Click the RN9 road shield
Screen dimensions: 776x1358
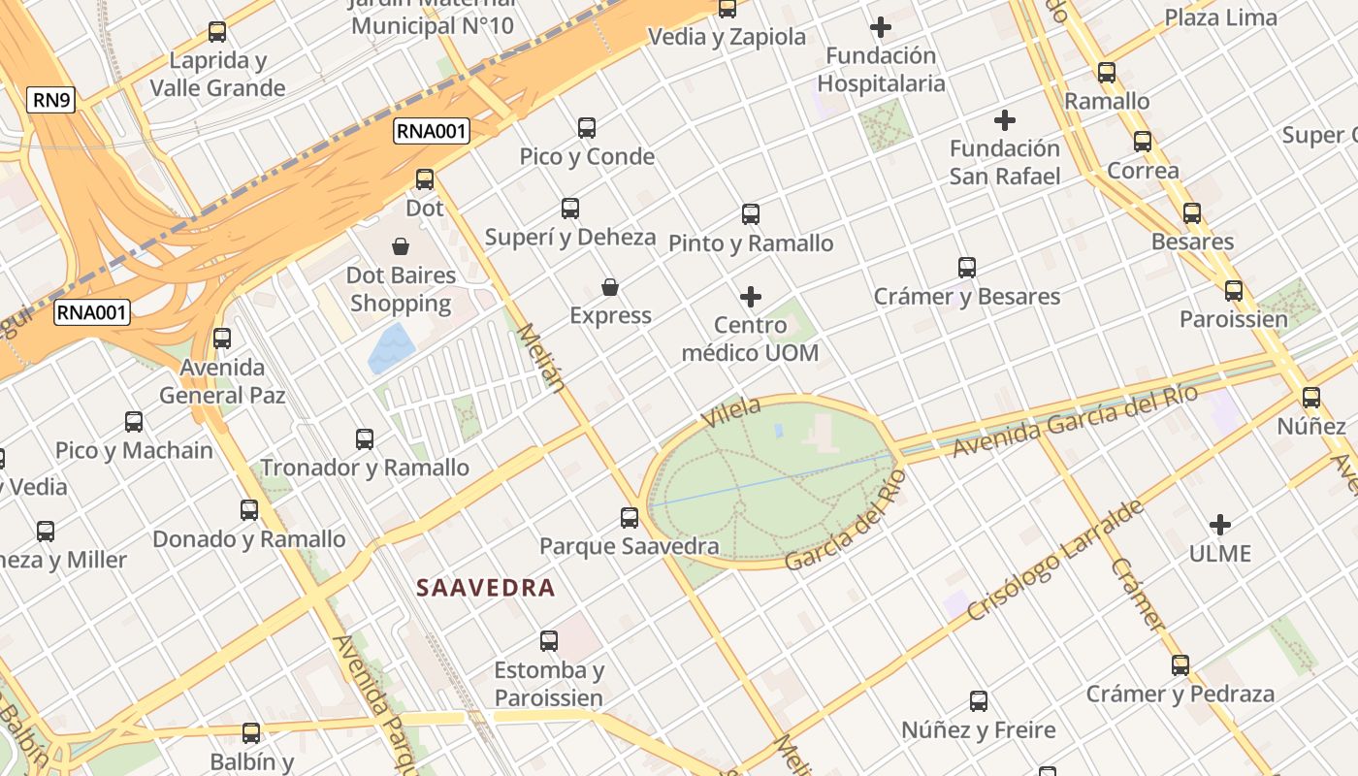(50, 100)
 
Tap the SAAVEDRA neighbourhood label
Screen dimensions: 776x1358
(485, 587)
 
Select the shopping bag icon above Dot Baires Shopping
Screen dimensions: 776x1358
(401, 246)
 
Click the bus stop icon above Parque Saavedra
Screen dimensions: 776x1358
(630, 517)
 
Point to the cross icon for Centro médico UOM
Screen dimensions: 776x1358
(751, 296)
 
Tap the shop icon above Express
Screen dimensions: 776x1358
(610, 287)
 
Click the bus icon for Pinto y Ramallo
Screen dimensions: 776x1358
(751, 214)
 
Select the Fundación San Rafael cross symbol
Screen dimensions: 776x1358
(1005, 120)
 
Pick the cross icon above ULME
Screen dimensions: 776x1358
(1220, 525)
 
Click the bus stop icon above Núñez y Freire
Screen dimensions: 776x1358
(979, 700)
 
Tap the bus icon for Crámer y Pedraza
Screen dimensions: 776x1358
(1180, 665)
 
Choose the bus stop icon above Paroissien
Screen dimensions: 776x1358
(1234, 290)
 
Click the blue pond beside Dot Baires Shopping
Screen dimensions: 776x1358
(391, 348)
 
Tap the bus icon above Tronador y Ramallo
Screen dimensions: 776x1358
(365, 438)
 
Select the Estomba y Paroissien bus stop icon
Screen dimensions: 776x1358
(549, 640)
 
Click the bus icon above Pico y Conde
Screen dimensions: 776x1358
(587, 127)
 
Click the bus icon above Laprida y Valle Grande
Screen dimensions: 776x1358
(217, 32)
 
